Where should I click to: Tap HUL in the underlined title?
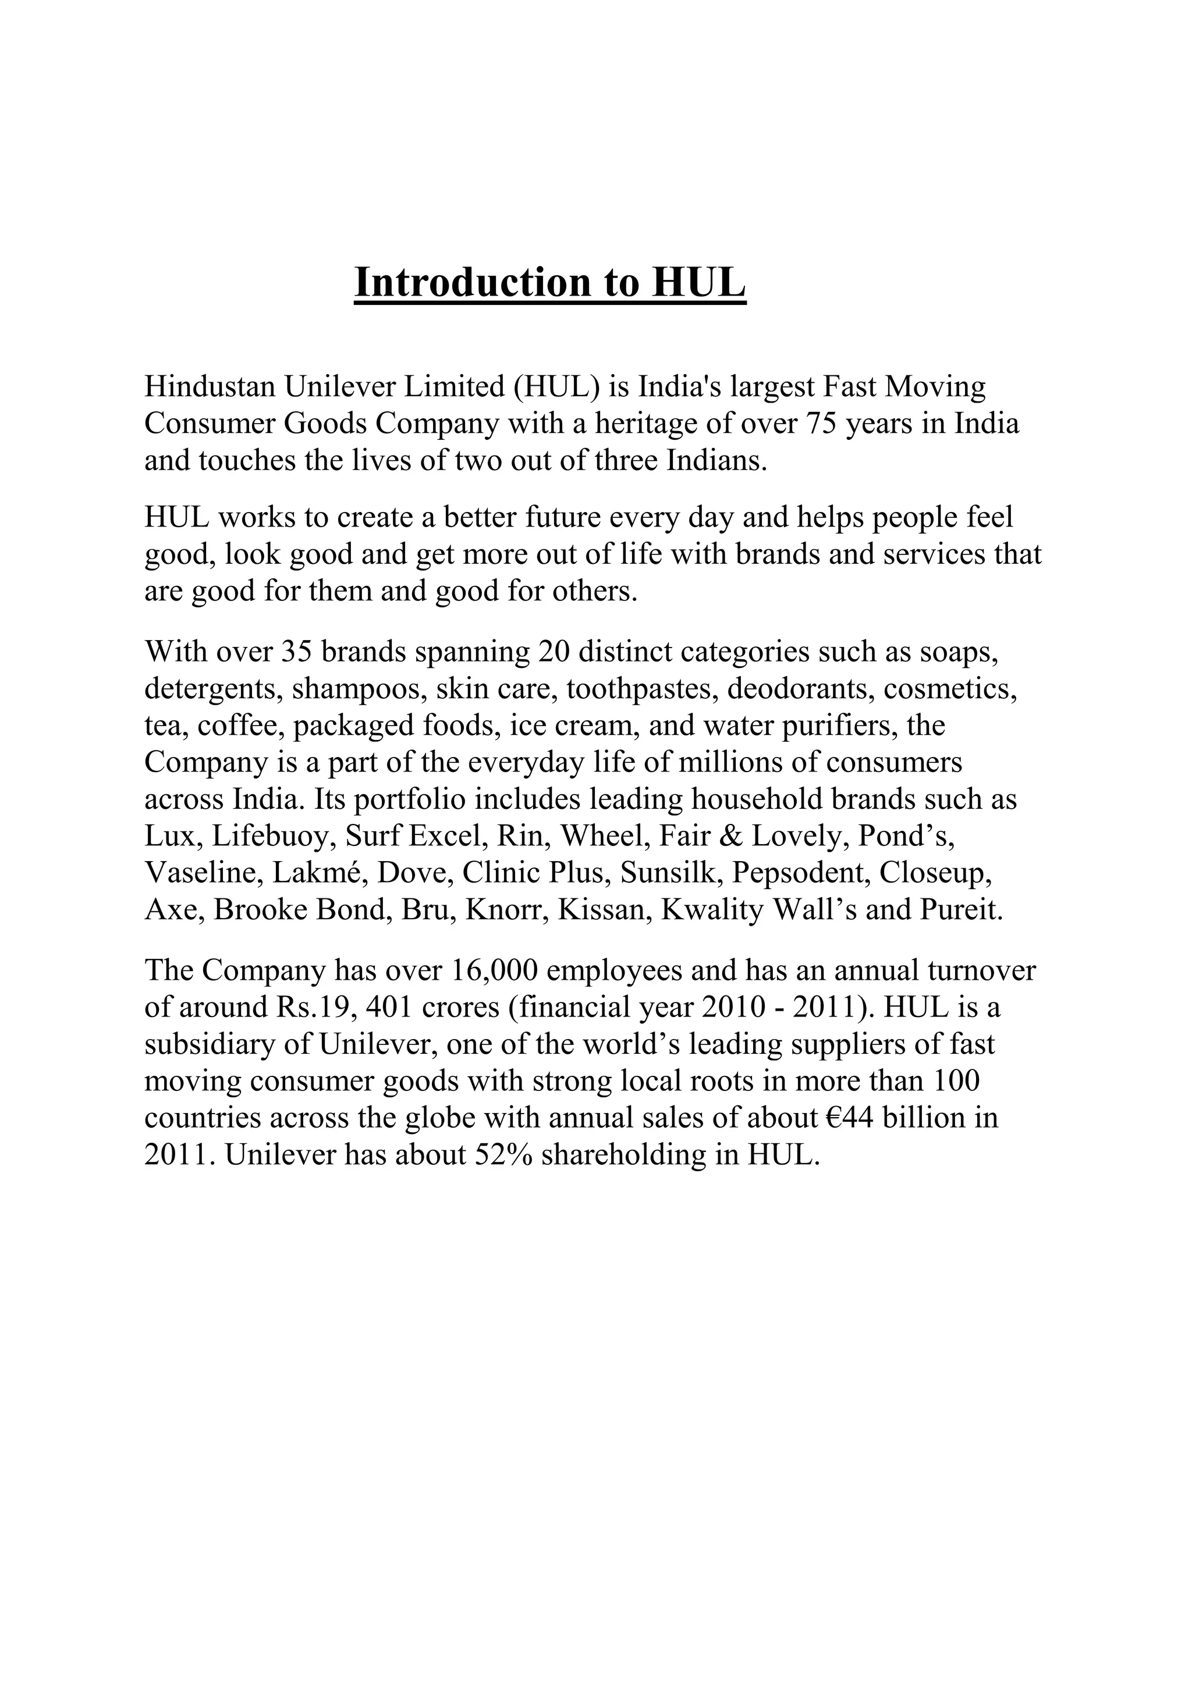699,283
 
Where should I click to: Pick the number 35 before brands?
296,651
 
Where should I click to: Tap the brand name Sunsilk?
668,873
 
